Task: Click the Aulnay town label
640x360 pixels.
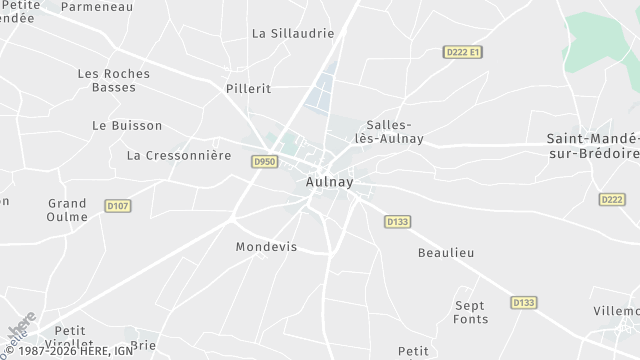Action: (x=328, y=184)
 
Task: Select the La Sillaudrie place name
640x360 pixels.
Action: (x=292, y=33)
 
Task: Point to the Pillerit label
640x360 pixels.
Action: (x=249, y=89)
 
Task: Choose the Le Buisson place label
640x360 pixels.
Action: (x=126, y=126)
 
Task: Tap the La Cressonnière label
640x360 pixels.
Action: (x=179, y=156)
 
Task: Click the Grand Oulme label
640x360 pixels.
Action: (x=67, y=210)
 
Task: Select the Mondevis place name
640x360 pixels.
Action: (x=266, y=247)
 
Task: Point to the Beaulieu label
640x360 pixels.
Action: (x=444, y=253)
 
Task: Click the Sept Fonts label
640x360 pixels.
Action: (x=470, y=312)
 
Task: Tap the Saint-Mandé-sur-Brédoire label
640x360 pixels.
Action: (x=593, y=146)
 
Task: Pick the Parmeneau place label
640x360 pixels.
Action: (x=97, y=6)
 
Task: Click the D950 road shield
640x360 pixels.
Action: (x=264, y=161)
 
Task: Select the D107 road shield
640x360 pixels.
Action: (x=118, y=206)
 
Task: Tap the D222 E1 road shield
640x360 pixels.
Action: (x=462, y=51)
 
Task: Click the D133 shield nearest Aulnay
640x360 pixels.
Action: (x=397, y=221)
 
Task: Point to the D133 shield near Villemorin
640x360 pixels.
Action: (x=523, y=302)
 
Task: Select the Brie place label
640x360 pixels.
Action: (x=143, y=346)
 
